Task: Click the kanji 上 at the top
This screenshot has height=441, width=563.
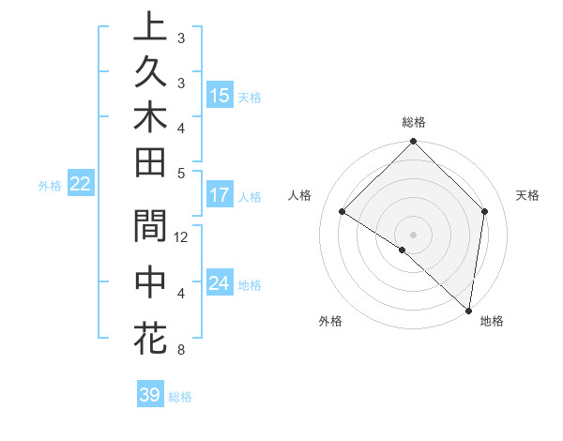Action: [x=150, y=27]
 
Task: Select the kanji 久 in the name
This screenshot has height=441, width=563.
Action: [x=150, y=71]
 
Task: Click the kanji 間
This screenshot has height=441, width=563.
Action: [x=150, y=226]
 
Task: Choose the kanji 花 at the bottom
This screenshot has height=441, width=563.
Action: [x=150, y=336]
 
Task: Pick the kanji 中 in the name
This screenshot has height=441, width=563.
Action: [x=150, y=281]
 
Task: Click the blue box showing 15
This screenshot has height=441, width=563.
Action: [x=220, y=96]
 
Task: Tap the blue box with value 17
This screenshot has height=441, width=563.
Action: [x=220, y=196]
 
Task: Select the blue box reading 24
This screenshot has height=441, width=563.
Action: [x=220, y=283]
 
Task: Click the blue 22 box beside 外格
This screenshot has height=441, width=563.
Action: [x=81, y=185]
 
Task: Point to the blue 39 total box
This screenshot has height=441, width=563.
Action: [x=150, y=395]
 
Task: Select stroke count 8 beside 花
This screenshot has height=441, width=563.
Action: [x=180, y=351]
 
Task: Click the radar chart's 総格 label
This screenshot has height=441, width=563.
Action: [x=414, y=122]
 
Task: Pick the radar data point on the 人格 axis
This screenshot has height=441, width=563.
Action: [x=342, y=212]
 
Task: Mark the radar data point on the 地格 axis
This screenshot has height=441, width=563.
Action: [x=468, y=310]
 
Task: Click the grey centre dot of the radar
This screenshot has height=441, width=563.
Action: [x=414, y=234]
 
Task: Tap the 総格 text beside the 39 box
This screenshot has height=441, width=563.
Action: [x=180, y=397]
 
